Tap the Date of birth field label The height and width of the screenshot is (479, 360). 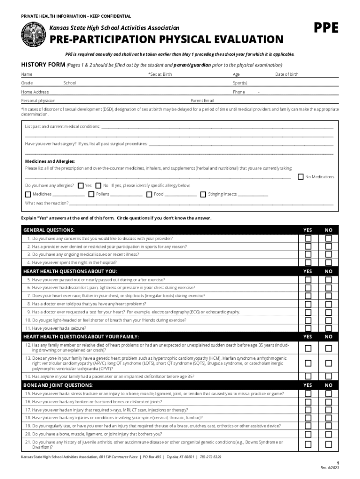[287, 74]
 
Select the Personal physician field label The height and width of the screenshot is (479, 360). [38, 101]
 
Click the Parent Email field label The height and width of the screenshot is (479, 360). [202, 101]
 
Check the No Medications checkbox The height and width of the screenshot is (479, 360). [301, 176]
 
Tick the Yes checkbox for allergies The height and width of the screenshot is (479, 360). [81, 185]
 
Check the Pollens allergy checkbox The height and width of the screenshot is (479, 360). [92, 194]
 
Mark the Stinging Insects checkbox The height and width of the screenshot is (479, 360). [203, 194]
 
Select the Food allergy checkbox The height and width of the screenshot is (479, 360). [149, 194]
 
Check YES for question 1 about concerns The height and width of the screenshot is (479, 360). [308, 238]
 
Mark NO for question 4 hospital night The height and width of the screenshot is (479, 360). [329, 262]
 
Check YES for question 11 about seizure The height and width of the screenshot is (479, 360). [308, 328]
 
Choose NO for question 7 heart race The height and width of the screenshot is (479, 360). [329, 296]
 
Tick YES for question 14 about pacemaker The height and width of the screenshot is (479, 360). [308, 376]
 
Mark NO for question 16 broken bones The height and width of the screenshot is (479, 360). [329, 401]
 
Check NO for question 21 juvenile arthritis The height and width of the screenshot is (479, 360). [329, 444]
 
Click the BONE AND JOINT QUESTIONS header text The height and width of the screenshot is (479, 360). [58, 385]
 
